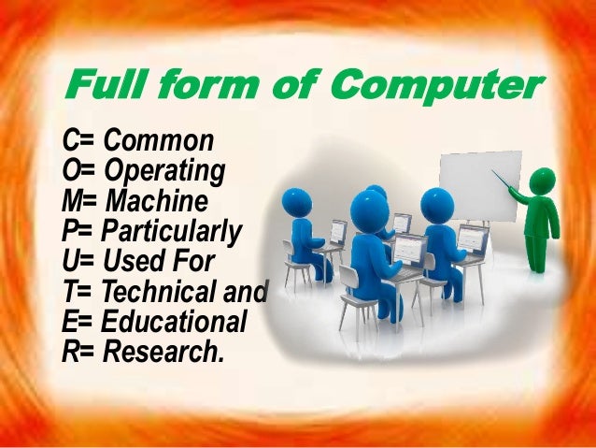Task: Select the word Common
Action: tap(159, 142)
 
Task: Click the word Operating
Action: tap(164, 172)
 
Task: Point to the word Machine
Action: tap(157, 201)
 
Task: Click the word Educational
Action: tap(174, 322)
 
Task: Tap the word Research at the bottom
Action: tap(163, 352)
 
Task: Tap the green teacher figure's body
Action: tap(539, 224)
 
